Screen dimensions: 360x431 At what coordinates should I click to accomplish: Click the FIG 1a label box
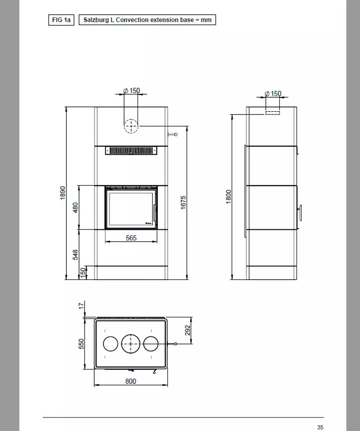[x=61, y=20]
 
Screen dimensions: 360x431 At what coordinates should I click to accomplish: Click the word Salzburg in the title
[x=96, y=20]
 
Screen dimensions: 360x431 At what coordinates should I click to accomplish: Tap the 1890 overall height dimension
[x=63, y=193]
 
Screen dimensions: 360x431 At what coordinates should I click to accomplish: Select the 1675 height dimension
[x=183, y=202]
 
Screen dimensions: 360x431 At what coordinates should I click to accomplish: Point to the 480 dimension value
[x=76, y=208]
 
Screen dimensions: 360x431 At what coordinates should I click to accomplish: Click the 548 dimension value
[x=76, y=255]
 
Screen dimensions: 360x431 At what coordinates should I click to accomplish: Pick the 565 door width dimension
[x=131, y=238]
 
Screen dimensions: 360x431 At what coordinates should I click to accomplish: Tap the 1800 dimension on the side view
[x=228, y=197]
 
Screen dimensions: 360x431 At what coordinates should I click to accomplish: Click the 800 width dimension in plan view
[x=131, y=381]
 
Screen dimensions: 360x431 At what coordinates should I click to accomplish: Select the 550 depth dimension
[x=81, y=344]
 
